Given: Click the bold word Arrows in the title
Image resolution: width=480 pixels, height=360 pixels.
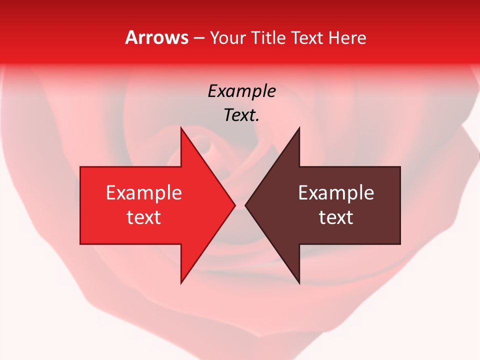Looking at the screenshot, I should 156,37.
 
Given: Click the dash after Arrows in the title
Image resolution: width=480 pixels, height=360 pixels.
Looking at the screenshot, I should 199,38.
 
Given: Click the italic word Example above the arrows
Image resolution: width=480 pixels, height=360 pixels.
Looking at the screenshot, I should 241,91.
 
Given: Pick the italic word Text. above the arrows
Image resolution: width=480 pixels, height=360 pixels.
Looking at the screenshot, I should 241,115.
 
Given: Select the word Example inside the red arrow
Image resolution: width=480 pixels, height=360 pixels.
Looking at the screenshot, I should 144,192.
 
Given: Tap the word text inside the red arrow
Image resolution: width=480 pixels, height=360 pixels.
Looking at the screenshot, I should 144,217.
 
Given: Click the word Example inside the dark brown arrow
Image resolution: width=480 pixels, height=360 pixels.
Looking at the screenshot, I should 336,192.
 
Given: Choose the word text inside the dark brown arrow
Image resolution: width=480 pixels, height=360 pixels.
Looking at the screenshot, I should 336,217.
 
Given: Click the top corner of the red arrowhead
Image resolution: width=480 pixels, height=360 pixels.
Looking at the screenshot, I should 181,128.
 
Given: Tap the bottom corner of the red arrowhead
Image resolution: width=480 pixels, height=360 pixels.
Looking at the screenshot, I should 181,282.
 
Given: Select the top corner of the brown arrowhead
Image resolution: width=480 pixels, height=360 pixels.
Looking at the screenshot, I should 299,128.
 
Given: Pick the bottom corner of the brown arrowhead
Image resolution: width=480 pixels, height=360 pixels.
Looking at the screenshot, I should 299,282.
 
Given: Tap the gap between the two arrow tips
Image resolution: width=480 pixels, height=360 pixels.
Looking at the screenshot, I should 240,205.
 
